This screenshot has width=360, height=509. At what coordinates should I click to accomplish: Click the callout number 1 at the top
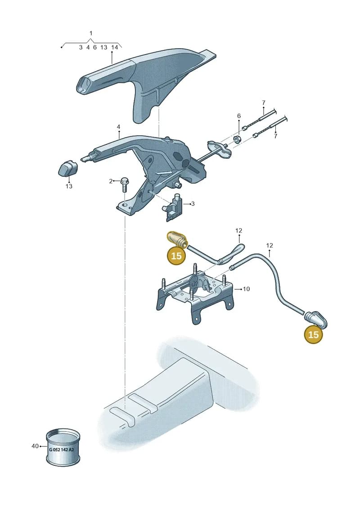pos(91,33)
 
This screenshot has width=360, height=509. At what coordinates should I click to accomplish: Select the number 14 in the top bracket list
pos(114,47)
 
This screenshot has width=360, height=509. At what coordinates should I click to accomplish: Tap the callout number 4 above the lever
pos(118,126)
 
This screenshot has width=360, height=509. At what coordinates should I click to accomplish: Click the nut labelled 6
pos(238,140)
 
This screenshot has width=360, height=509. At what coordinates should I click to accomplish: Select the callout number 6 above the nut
pos(239,116)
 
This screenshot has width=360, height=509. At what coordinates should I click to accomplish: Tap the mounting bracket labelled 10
pos(195,294)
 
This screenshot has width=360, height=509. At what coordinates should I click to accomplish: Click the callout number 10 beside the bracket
pos(247,288)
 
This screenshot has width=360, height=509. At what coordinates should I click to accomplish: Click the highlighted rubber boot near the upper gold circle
pos(176,240)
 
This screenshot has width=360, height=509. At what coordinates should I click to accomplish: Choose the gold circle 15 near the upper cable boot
pos(176,256)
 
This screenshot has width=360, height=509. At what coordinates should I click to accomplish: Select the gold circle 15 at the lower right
pos(313,334)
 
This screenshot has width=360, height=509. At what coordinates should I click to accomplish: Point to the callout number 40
pos(35,446)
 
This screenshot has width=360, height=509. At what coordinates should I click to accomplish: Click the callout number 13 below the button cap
pos(69,186)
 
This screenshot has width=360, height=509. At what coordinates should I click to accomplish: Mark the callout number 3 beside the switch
pos(193,204)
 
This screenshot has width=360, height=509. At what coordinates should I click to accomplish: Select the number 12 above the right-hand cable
pos(270,245)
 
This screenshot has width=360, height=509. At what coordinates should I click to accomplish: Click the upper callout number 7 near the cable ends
pos(264,103)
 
